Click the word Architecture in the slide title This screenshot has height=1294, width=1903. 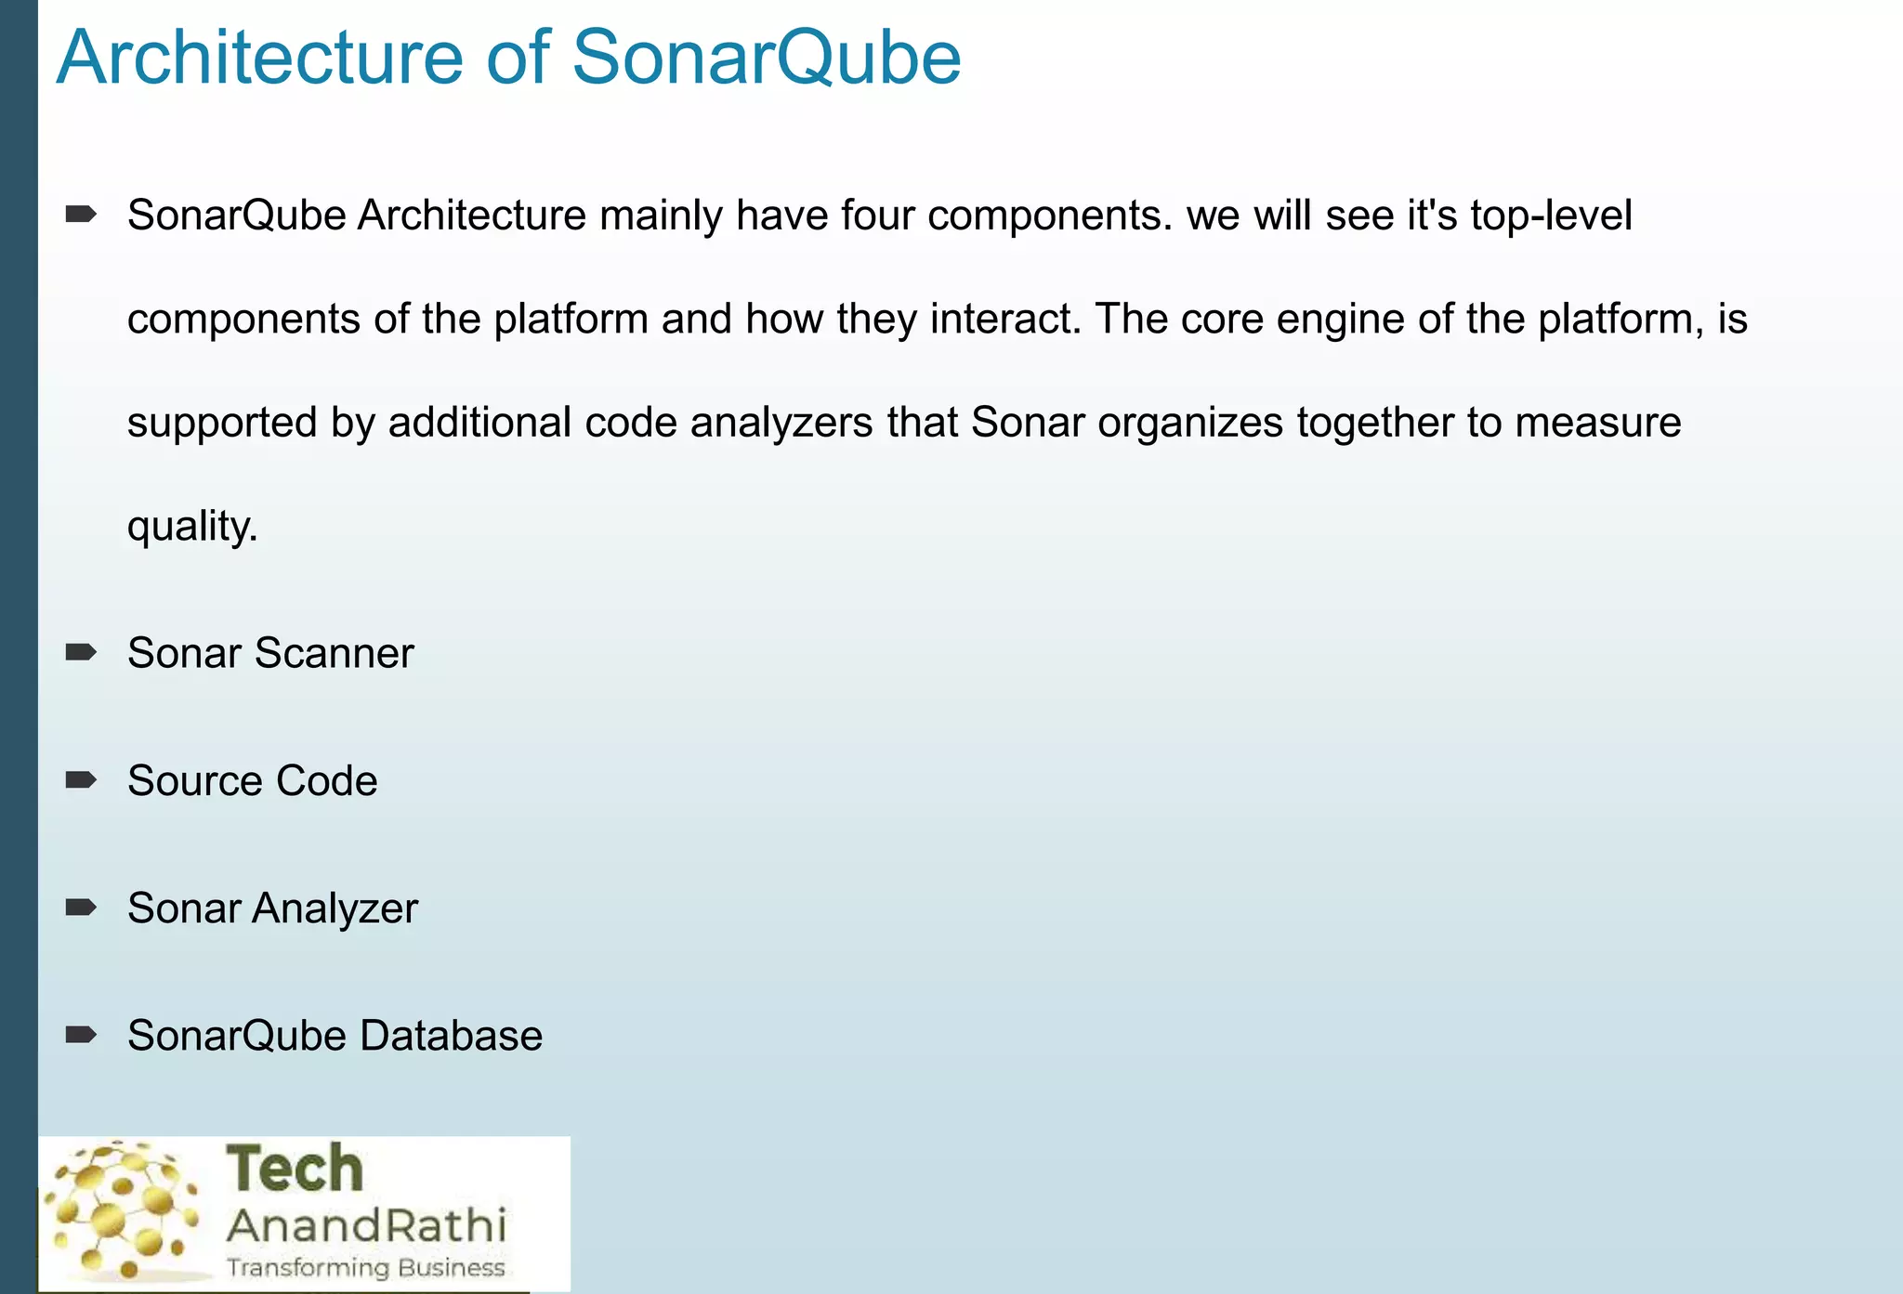(x=259, y=58)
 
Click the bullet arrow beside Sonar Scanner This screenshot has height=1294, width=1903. (x=81, y=652)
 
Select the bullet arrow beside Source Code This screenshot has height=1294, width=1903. (x=81, y=779)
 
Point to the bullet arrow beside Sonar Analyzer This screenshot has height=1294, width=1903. (x=81, y=907)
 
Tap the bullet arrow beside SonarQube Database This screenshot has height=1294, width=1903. (x=81, y=1034)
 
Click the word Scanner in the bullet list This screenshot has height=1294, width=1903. (x=335, y=653)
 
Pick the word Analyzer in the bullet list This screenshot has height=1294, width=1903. (x=335, y=908)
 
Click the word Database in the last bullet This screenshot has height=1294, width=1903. (x=452, y=1036)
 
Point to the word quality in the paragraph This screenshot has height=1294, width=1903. (x=191, y=528)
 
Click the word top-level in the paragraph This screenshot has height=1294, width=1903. (x=1551, y=216)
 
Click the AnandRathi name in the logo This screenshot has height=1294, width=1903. (x=367, y=1225)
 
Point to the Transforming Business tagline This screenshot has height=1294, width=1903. (x=366, y=1268)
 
